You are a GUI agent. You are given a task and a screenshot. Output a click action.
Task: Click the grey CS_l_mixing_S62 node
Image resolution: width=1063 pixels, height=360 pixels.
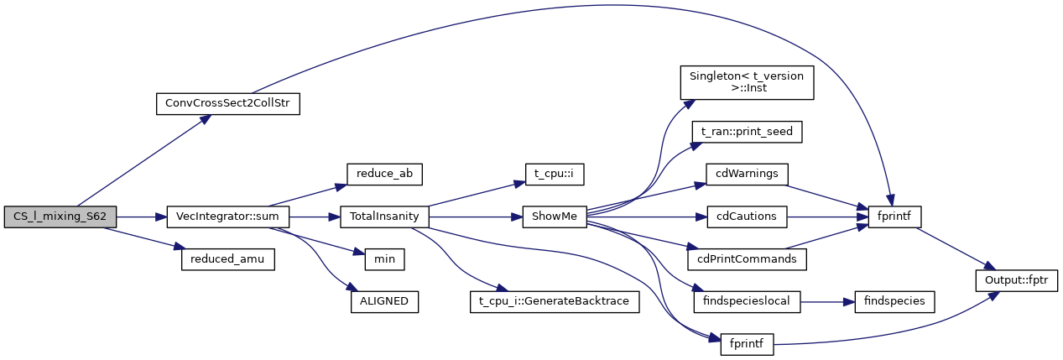60,217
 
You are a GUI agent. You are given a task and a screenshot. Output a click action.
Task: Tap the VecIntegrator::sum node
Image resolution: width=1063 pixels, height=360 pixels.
228,217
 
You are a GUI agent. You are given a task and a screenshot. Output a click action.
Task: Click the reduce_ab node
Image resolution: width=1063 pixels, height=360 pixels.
384,174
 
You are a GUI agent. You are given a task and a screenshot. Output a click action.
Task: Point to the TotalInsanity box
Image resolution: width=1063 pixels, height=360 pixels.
384,217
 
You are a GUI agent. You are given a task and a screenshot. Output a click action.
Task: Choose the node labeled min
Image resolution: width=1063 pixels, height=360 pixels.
384,259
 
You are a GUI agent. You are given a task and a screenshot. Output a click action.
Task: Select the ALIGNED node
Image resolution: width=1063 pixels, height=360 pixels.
384,301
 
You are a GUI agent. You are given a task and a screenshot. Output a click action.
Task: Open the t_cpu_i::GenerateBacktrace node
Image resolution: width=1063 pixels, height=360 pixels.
554,301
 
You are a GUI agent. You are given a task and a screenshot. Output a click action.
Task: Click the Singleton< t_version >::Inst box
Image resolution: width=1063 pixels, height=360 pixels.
746,82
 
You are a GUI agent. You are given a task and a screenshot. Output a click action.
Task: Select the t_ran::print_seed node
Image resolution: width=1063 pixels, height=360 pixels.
746,132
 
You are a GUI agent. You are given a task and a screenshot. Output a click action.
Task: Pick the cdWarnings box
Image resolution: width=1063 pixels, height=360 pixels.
746,174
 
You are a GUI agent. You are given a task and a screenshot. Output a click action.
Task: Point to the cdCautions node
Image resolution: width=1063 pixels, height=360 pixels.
746,217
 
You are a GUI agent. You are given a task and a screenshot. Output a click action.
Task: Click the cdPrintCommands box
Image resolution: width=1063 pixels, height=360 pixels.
746,259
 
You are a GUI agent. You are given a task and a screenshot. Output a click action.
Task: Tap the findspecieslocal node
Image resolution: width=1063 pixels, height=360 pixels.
746,301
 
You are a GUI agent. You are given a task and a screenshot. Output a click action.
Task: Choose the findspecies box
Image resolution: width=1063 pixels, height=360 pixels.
894,301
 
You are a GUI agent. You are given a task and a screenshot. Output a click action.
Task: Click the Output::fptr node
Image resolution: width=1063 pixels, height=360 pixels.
1016,279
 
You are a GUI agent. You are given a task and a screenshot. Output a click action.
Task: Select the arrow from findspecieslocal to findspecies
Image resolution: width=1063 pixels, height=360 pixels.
826,301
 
